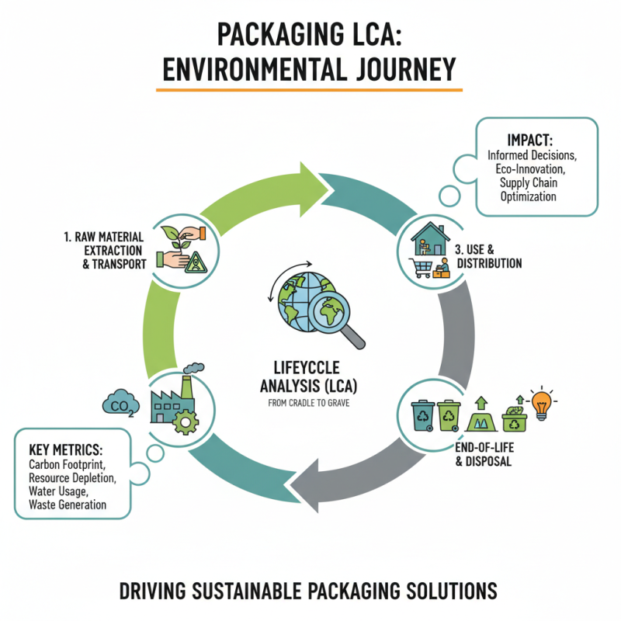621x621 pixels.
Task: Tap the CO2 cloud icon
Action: (120, 403)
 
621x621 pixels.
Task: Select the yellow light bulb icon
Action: (543, 402)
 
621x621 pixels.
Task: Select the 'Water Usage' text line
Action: (57, 491)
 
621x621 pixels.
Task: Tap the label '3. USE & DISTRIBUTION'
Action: (487, 257)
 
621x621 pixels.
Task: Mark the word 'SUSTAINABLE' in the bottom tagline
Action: (280, 591)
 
